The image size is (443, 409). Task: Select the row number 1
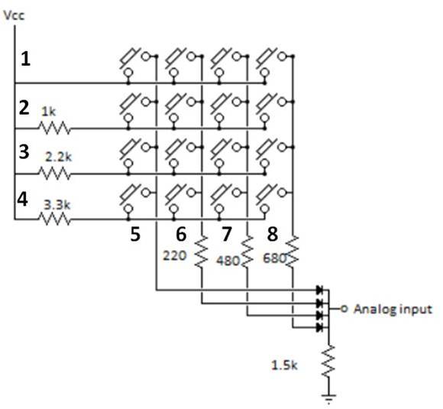(26, 58)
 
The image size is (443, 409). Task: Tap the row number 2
(24, 109)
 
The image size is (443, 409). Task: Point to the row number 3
(24, 151)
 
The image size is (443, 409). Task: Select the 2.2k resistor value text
(58, 156)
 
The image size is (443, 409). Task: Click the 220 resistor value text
(175, 257)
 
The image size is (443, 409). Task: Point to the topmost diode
(319, 291)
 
